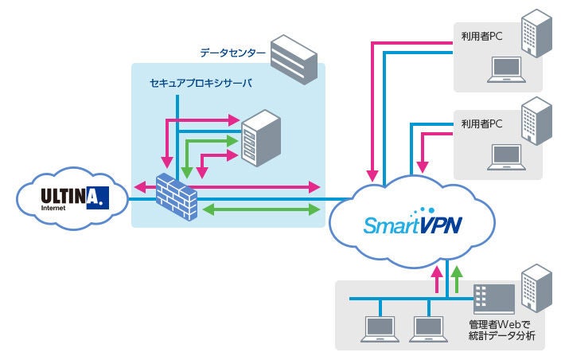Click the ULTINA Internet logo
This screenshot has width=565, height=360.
click(72, 195)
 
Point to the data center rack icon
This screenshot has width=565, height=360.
click(295, 58)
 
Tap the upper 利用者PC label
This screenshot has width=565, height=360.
click(481, 36)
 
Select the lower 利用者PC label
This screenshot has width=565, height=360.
click(481, 124)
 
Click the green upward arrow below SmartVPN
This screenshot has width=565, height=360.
click(457, 279)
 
